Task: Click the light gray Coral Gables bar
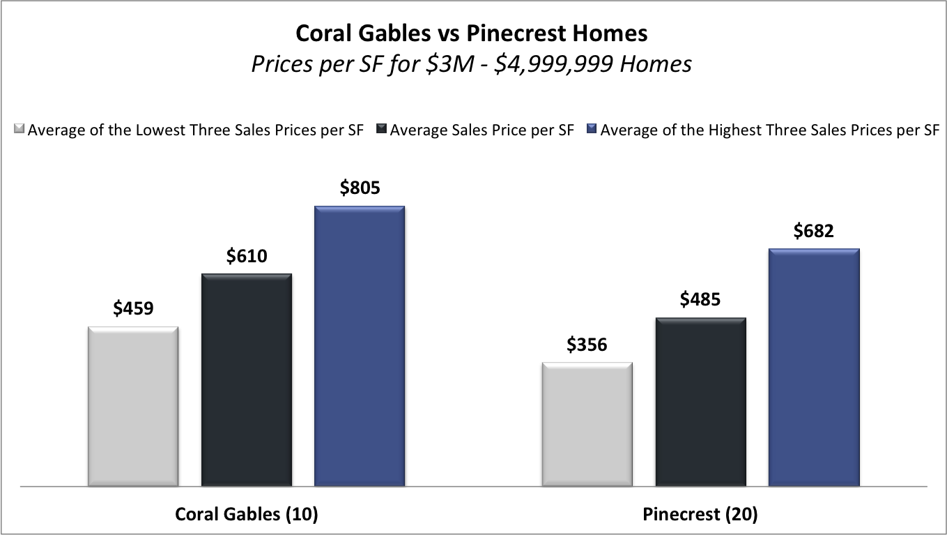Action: [133, 406]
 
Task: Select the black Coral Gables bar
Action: [246, 379]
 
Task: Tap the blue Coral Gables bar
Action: [359, 346]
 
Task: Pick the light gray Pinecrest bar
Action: [587, 424]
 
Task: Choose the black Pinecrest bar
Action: [700, 402]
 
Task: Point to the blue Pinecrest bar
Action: [813, 367]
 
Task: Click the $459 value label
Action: [133, 308]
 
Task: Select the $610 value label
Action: [246, 256]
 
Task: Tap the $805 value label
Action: [360, 188]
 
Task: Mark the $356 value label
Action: [587, 345]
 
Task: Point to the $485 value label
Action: [700, 300]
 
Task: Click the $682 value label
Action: [813, 231]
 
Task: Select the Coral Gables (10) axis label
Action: [246, 514]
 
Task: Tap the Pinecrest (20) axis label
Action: [700, 514]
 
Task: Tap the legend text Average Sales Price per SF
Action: [482, 130]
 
